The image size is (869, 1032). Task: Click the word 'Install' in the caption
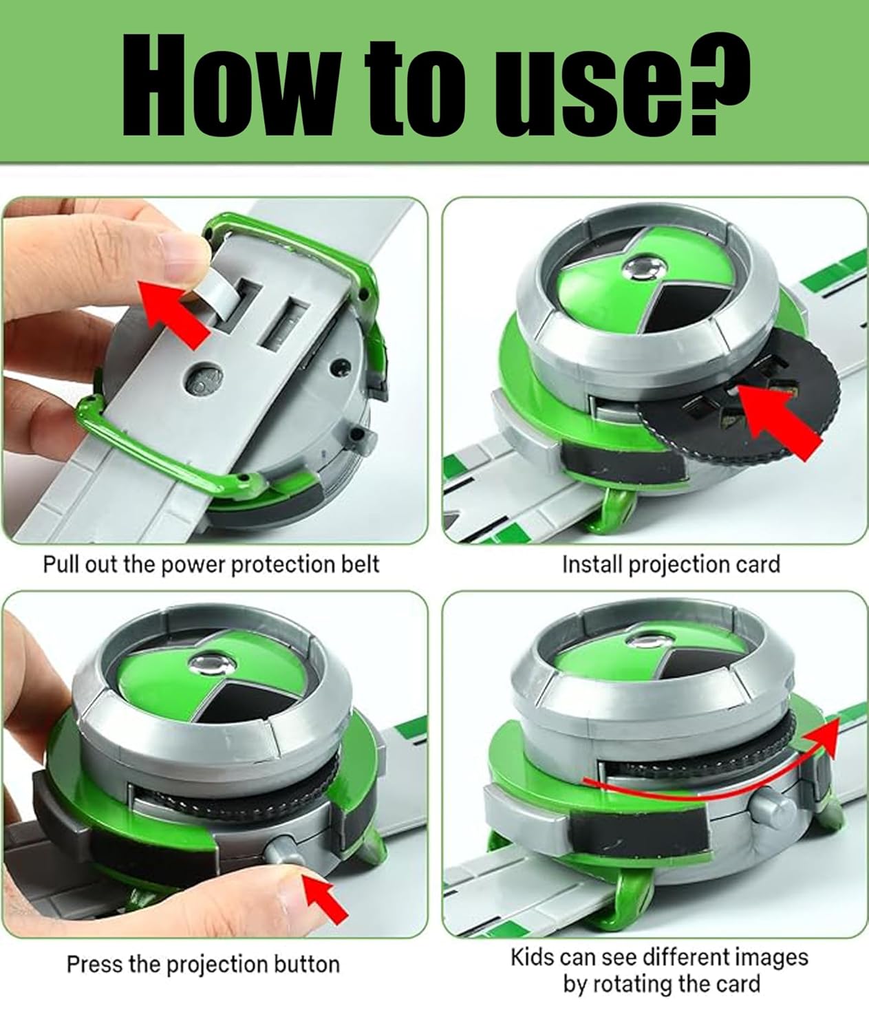point(592,564)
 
